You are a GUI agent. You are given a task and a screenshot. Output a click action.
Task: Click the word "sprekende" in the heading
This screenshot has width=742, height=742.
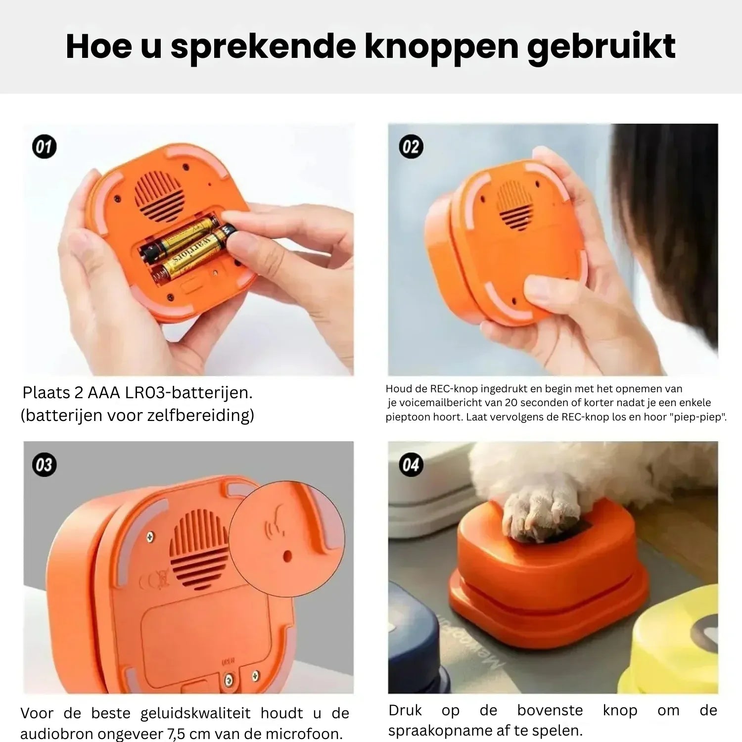tap(263, 47)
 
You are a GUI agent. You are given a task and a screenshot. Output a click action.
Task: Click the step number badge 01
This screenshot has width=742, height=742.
tap(44, 147)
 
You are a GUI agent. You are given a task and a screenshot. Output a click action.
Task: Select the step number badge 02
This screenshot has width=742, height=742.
tap(411, 147)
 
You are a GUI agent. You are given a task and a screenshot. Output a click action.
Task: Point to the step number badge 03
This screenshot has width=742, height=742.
tap(44, 465)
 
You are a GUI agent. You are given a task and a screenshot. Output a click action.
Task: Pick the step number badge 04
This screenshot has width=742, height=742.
tap(411, 465)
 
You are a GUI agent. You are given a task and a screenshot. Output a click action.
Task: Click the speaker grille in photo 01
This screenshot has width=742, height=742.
tap(159, 196)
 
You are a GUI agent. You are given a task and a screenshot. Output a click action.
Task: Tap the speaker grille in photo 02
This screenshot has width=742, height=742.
tap(515, 205)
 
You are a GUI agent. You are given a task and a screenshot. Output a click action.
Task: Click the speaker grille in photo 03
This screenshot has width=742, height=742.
tap(199, 550)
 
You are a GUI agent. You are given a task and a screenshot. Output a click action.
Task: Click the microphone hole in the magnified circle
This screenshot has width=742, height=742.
tap(287, 556)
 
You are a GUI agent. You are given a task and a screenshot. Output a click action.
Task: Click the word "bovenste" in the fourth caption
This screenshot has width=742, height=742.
tap(550, 710)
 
